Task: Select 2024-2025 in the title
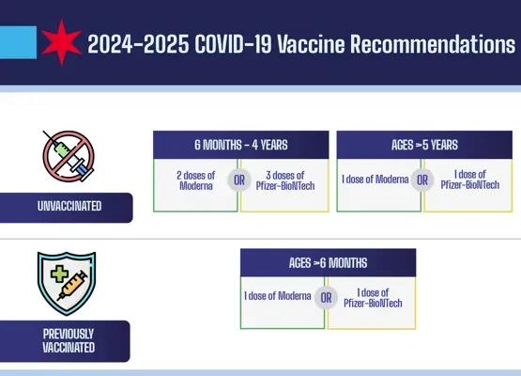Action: (x=131, y=43)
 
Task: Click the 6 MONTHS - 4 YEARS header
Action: (x=240, y=145)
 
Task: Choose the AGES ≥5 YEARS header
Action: (x=424, y=145)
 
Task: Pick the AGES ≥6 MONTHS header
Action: (x=328, y=262)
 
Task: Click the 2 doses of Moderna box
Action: (x=195, y=180)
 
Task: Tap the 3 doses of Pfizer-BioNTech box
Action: (x=284, y=180)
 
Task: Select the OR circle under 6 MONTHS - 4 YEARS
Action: (x=239, y=180)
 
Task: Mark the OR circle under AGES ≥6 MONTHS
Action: (x=327, y=297)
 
